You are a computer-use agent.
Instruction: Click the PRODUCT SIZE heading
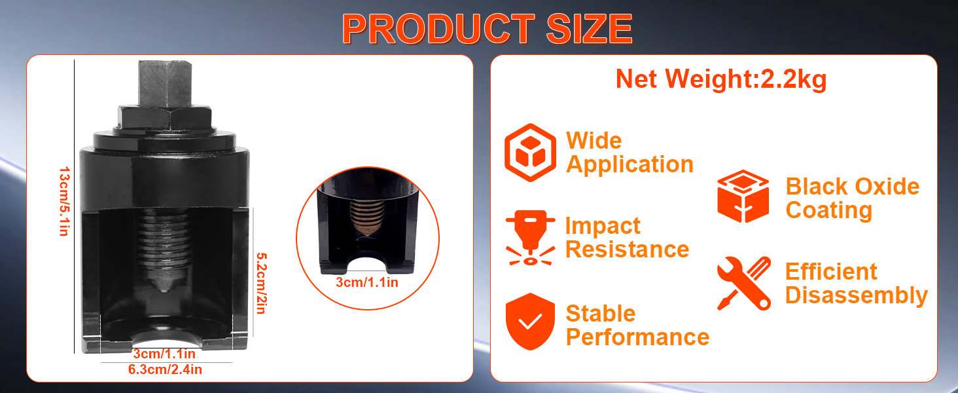coord(487,29)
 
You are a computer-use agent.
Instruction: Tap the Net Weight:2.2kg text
coord(721,80)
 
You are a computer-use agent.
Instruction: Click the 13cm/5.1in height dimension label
coord(65,201)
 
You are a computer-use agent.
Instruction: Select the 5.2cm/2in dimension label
coord(261,283)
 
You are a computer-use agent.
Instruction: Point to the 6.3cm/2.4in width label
coord(165,369)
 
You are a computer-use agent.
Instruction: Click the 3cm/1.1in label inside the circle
coord(367,282)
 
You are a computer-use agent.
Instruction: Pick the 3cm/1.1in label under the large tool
coord(164,354)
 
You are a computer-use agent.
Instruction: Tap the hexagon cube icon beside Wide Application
coord(530,153)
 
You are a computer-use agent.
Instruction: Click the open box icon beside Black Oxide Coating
coord(743,196)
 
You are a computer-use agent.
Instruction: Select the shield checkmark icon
coord(530,322)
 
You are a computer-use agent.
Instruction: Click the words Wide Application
coord(630,153)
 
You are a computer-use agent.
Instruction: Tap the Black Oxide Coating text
coord(853,198)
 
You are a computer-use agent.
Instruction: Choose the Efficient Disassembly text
coord(856,284)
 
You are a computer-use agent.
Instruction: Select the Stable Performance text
coord(637,326)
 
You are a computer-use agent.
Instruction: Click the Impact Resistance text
coord(627,238)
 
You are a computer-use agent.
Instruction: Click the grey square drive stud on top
coord(165,83)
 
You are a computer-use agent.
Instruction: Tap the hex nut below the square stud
coord(165,118)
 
